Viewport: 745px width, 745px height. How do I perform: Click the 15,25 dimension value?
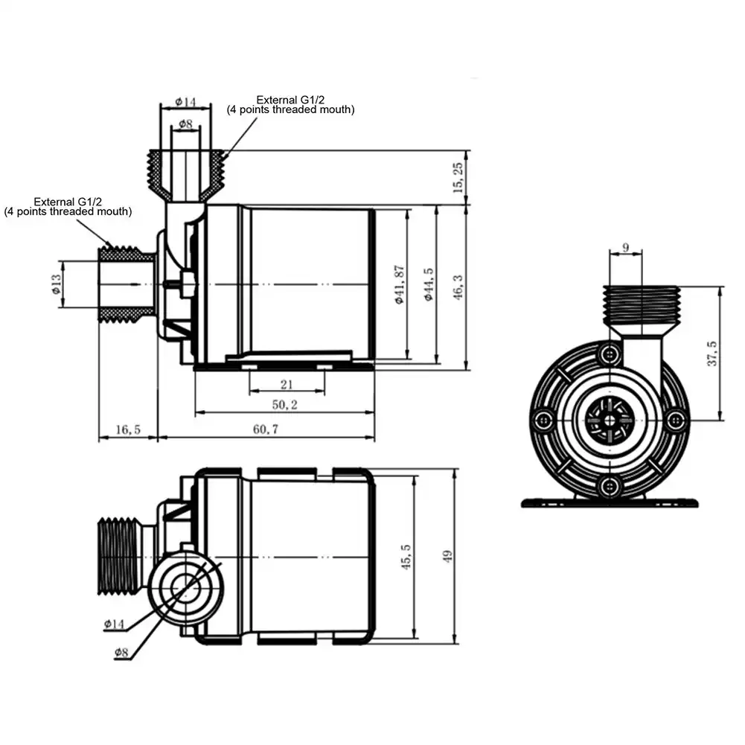(458, 177)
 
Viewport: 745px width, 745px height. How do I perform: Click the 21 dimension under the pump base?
(287, 384)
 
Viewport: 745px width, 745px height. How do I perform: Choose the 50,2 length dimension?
(284, 406)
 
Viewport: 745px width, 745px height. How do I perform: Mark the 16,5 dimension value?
(128, 429)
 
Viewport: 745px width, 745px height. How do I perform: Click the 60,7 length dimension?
(265, 429)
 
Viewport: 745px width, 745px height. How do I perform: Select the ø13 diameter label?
(56, 283)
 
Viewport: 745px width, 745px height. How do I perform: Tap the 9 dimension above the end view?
(624, 247)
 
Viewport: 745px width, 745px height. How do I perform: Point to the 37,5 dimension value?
(712, 354)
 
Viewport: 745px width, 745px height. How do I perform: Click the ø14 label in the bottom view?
(115, 624)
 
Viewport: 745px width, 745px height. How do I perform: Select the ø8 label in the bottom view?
(122, 653)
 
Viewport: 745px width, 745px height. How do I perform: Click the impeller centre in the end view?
(610, 420)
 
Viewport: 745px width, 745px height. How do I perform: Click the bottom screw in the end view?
(610, 487)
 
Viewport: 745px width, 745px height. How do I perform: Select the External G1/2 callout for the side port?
(68, 206)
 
